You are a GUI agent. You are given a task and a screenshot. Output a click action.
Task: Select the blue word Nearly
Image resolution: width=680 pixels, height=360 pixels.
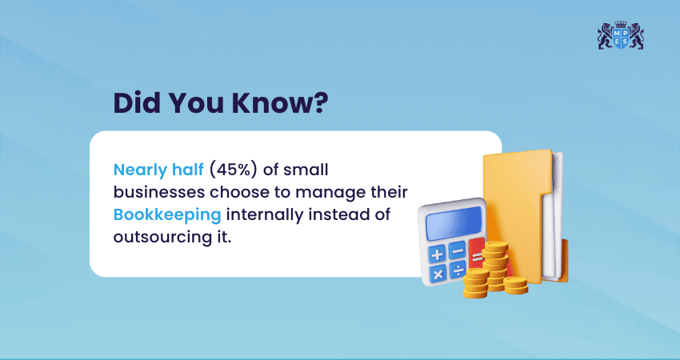(x=138, y=170)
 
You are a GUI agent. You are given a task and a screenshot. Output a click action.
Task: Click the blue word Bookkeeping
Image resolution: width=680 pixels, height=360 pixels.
(x=163, y=214)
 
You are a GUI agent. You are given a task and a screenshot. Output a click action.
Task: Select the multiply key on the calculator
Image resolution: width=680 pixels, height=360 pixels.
(x=438, y=273)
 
